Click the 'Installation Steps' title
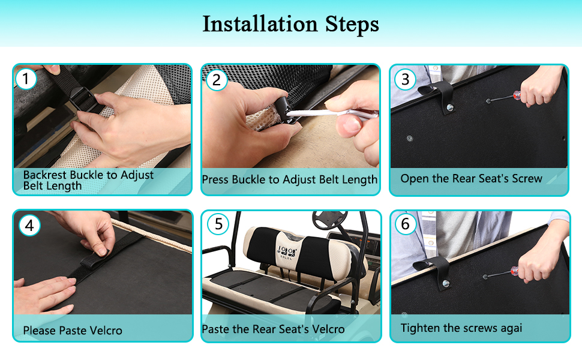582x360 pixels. point(290,25)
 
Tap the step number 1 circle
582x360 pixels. point(26,79)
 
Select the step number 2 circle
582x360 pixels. point(217,80)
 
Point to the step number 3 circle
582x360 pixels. point(406,79)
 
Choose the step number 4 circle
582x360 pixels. point(29,225)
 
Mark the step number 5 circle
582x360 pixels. point(218,224)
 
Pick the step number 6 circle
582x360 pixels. point(406,224)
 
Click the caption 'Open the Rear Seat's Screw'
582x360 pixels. point(472,179)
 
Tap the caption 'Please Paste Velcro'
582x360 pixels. point(73,331)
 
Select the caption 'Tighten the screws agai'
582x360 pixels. point(461,328)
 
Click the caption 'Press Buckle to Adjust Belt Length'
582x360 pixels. point(290,179)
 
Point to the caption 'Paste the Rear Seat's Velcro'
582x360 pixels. point(273,329)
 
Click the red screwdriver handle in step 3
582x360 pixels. point(517,96)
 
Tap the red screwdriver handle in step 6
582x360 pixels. point(514,271)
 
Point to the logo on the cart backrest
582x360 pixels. point(287,253)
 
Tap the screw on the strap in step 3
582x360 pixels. point(450,107)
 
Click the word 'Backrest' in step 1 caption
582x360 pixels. point(45,175)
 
